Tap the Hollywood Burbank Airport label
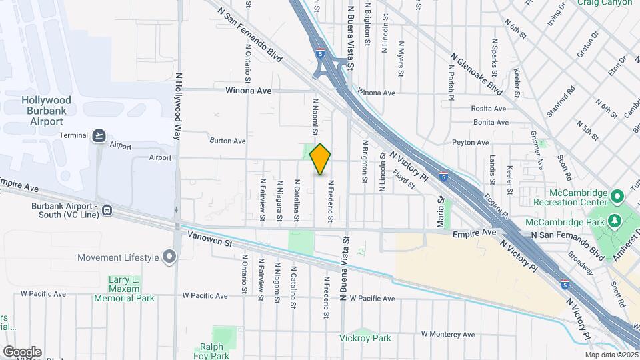click(46, 111)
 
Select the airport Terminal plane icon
click(99, 135)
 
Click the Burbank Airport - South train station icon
click(107, 211)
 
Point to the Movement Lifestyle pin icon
click(169, 257)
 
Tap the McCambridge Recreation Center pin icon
click(617, 197)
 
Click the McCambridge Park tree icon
click(613, 221)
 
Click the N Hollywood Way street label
click(177, 107)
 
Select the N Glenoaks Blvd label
click(476, 74)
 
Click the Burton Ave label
click(227, 141)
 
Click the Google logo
click(22, 351)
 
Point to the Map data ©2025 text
click(611, 355)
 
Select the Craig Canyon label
click(605, 3)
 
